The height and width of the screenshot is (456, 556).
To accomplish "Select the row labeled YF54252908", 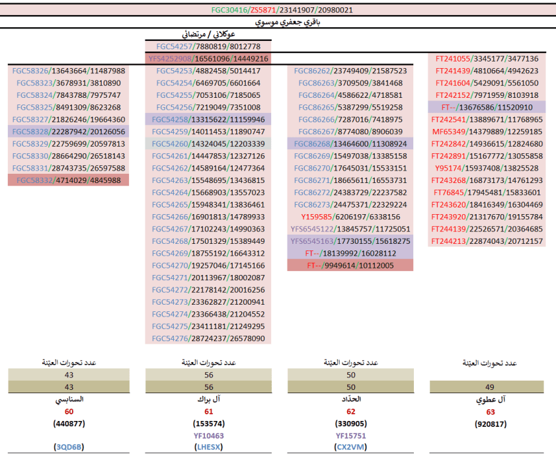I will tap(208, 59).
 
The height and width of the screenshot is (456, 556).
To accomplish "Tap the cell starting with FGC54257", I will tap(208, 46).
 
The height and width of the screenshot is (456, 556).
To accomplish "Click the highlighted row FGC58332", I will tap(69, 180).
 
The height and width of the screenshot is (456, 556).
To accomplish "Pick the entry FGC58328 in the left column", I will tap(69, 132).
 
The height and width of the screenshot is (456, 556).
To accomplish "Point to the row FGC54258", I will tap(208, 120).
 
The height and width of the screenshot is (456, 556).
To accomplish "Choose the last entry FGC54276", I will tap(208, 338).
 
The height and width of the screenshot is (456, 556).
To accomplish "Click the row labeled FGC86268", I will tap(350, 143).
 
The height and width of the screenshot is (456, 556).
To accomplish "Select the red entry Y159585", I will tap(350, 217).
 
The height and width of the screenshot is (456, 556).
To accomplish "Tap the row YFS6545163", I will tap(350, 241).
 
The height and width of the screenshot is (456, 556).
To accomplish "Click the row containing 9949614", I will tap(350, 265).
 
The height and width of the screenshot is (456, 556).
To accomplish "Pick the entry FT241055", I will tap(487, 59).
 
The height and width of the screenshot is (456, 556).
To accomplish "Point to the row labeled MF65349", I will tap(487, 132).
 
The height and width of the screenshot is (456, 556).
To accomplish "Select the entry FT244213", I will tap(487, 241).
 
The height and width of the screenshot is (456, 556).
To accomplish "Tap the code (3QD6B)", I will tap(69, 447).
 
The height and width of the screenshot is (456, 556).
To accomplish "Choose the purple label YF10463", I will tap(208, 436).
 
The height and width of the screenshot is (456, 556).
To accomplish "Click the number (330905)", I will tap(350, 423).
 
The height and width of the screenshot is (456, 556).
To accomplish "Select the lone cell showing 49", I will tap(487, 387).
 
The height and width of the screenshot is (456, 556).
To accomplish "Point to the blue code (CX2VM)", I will tap(350, 447).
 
